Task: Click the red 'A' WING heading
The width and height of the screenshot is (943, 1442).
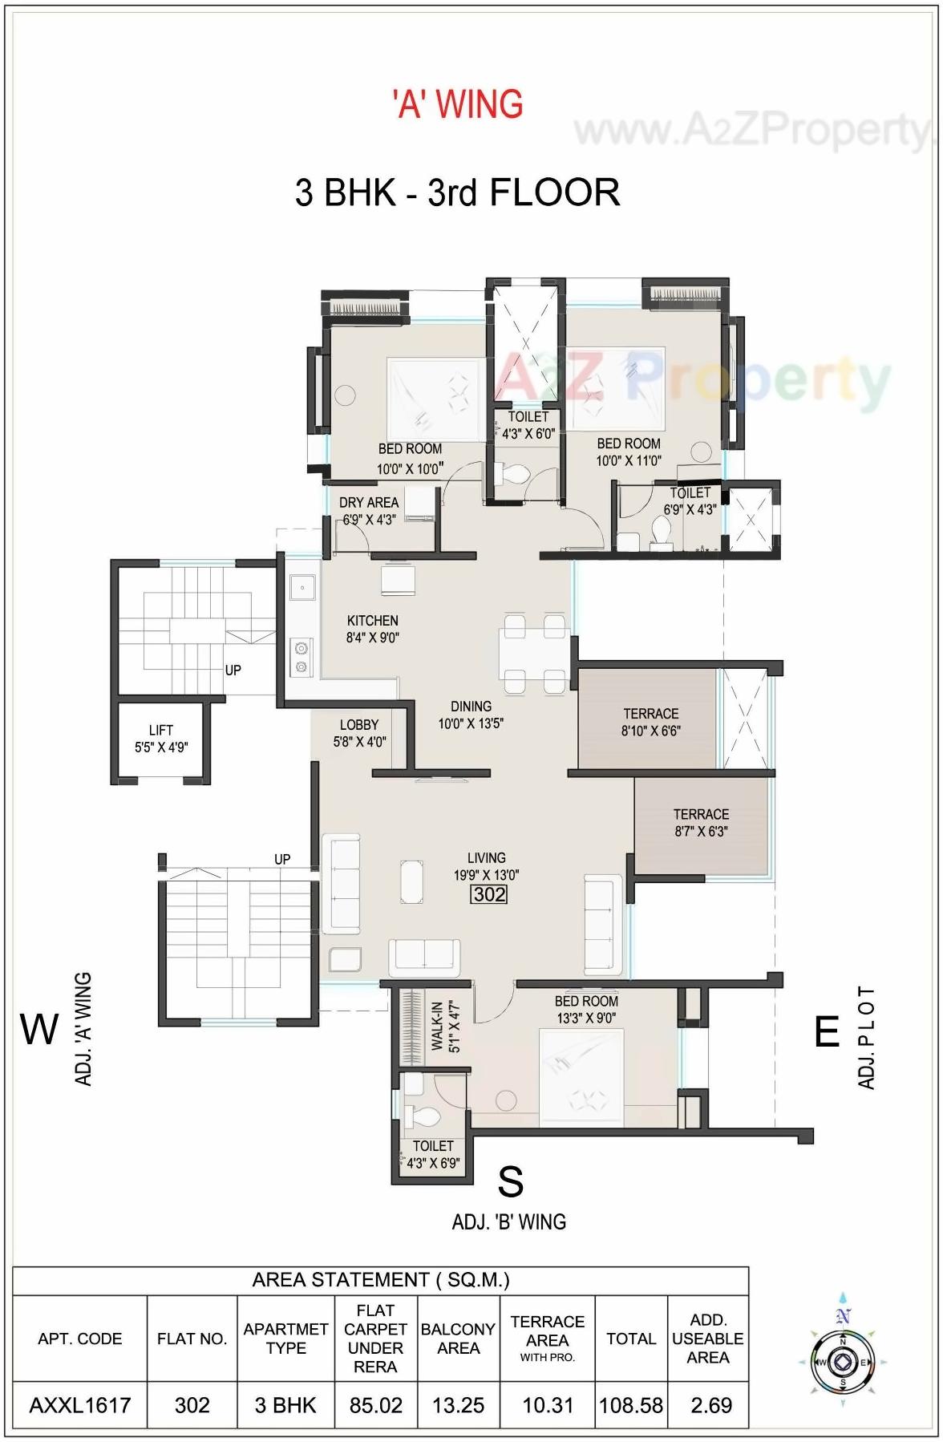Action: [x=458, y=104]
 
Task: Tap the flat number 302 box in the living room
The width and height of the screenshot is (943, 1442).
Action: [x=489, y=893]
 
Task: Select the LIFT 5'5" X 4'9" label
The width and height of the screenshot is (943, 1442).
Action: [x=161, y=739]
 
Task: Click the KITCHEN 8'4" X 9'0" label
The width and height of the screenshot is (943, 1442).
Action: [x=372, y=629]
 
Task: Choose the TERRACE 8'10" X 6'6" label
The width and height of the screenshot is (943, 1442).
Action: [x=650, y=722]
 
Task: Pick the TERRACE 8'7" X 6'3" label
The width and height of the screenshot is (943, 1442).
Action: [x=701, y=822]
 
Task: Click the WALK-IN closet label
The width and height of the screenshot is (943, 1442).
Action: [x=445, y=1026]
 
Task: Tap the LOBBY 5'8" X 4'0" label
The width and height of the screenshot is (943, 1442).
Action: [x=359, y=733]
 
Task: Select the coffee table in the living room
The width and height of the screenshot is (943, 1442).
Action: [x=412, y=885]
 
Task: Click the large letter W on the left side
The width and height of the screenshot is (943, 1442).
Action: [x=39, y=1029]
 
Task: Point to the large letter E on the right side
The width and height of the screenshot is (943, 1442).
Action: [x=827, y=1031]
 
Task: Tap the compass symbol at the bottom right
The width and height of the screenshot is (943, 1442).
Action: [x=842, y=1362]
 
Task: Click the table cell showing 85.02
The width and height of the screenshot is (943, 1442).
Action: [x=375, y=1405]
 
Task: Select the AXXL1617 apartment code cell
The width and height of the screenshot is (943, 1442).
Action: [x=79, y=1405]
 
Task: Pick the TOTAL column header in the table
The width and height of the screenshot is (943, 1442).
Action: [x=631, y=1338]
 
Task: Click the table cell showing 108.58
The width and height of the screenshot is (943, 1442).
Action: [x=631, y=1405]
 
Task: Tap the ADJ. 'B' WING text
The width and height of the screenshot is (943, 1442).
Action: [x=509, y=1221]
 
